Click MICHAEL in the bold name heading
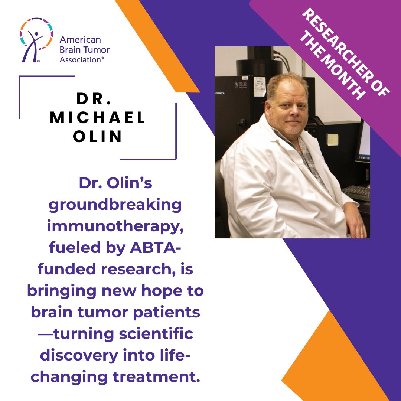pyautogui.click(x=98, y=118)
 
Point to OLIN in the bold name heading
pyautogui.click(x=98, y=137)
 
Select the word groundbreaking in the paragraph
pyautogui.click(x=115, y=205)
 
